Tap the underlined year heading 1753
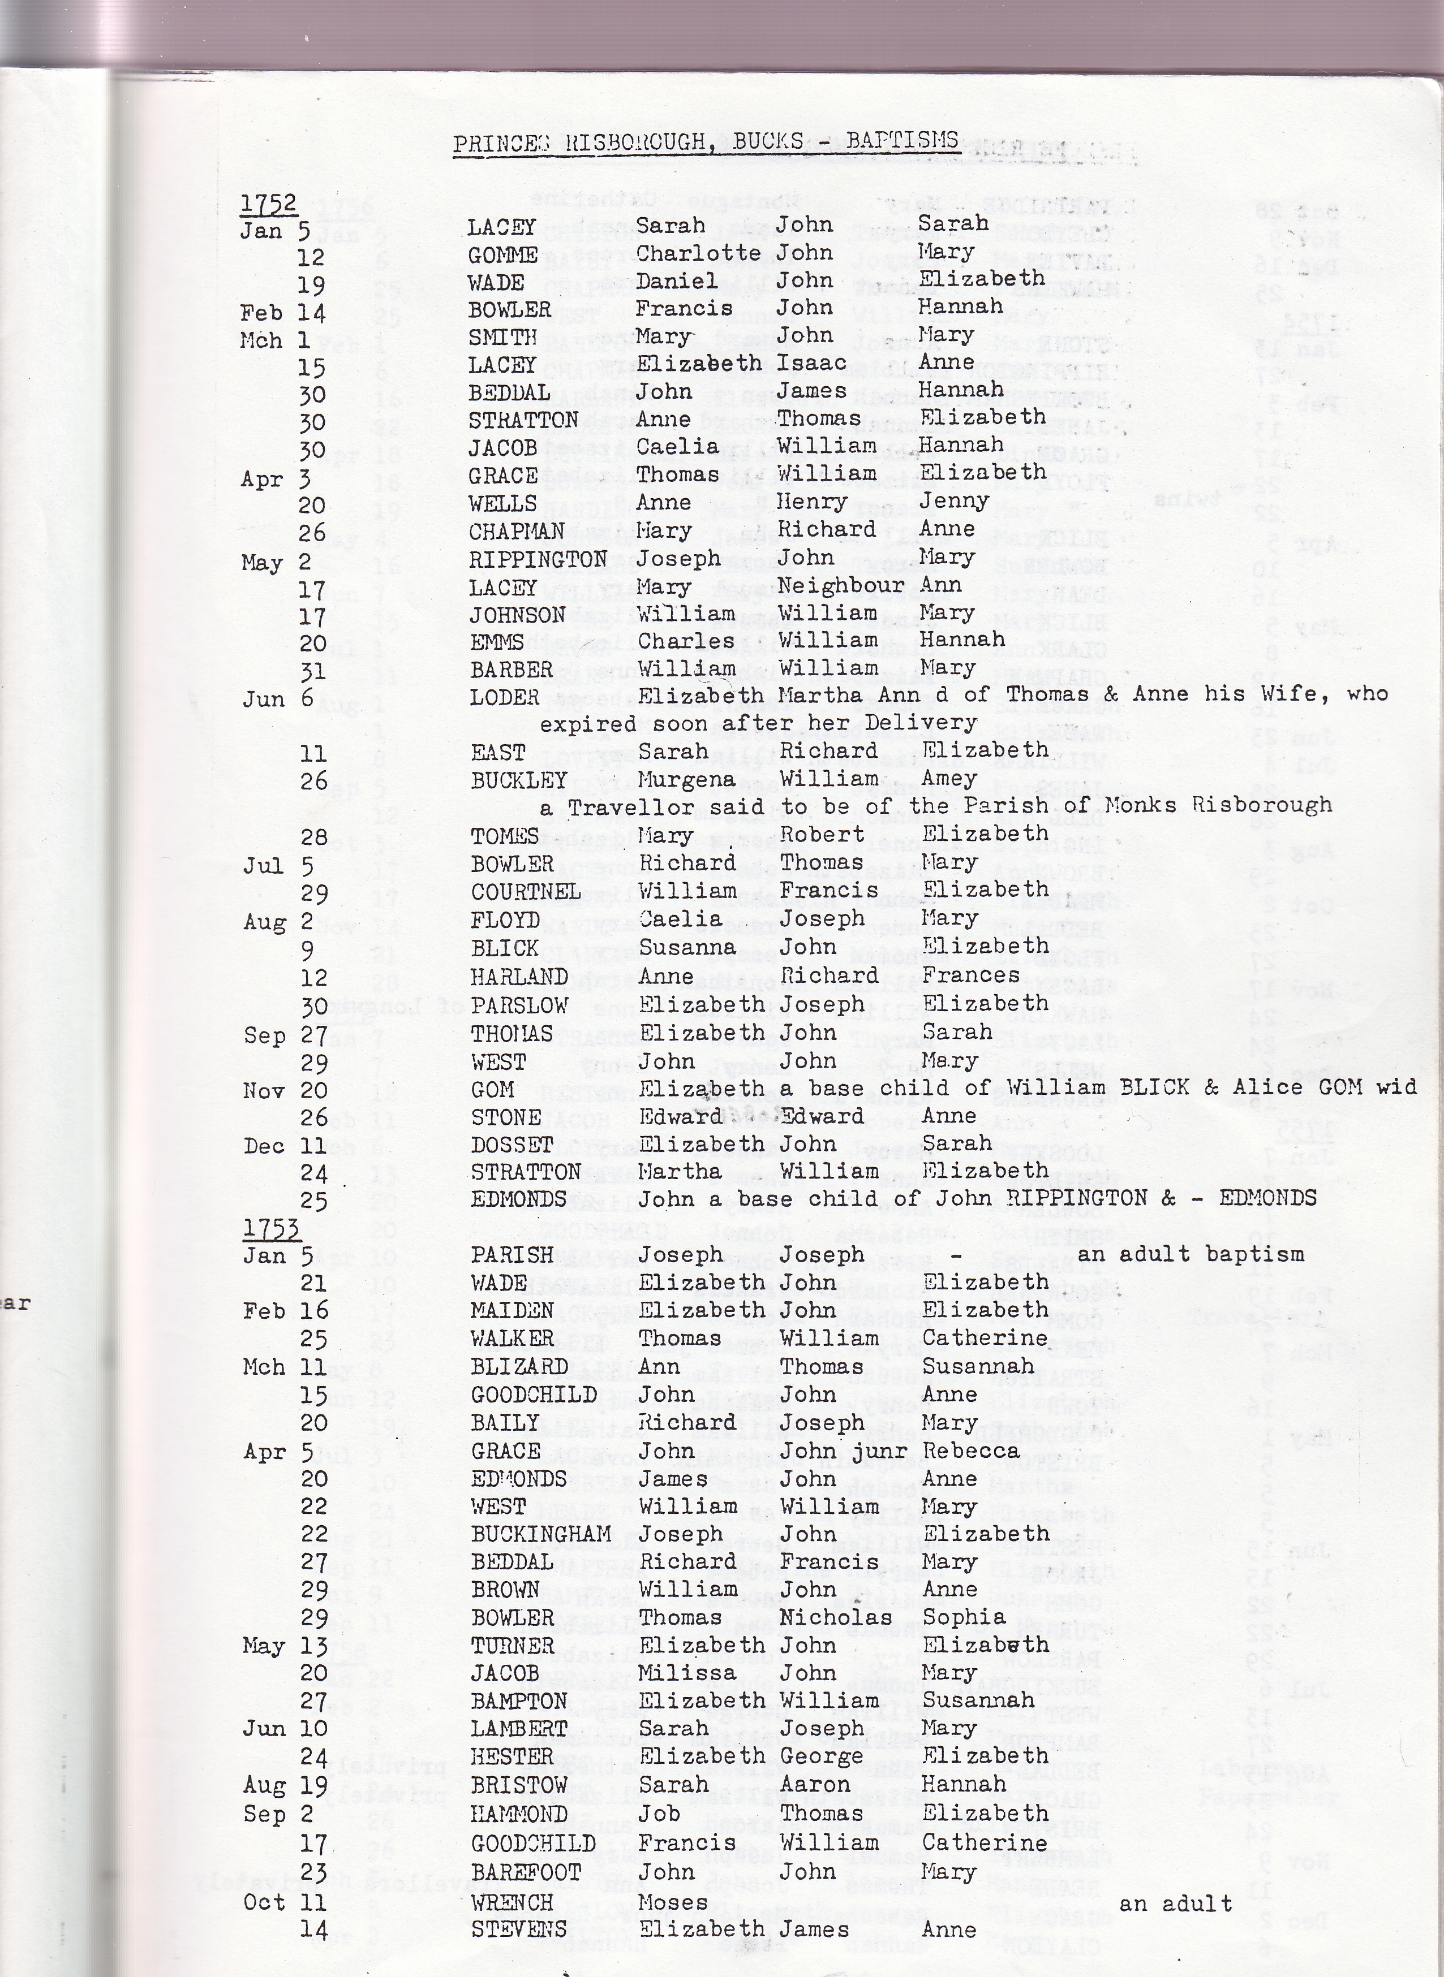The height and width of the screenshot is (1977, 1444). (271, 1228)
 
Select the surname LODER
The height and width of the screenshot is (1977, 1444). (506, 697)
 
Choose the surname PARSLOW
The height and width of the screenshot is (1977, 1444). (519, 1005)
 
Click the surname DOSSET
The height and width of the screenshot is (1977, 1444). (512, 1145)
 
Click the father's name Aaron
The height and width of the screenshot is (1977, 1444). (814, 1785)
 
